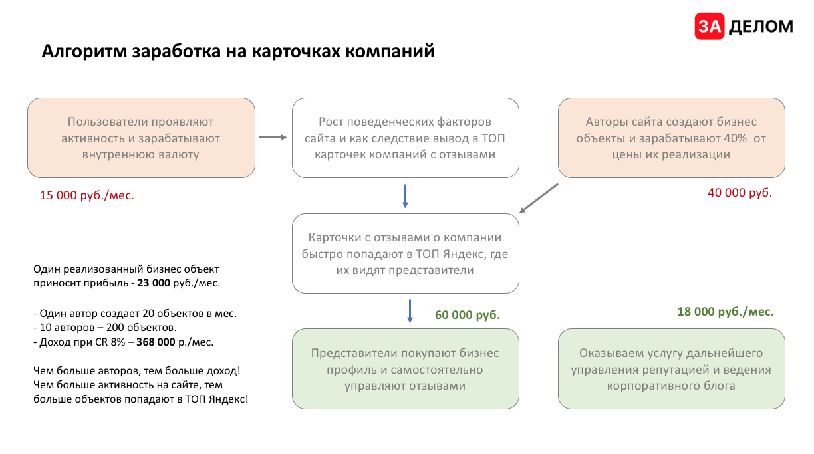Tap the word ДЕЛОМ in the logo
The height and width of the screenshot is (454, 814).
tap(761, 27)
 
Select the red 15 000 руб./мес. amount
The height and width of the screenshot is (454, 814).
tap(87, 195)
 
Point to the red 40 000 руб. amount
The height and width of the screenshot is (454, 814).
tap(740, 193)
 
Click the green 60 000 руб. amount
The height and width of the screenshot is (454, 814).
tap(468, 315)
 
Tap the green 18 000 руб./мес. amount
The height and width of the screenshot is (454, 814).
tap(726, 311)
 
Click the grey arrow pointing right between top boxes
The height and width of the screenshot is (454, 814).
tap(272, 138)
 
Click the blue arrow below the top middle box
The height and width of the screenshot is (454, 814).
tap(405, 195)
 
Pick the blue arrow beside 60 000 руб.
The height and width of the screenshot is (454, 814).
tap(410, 311)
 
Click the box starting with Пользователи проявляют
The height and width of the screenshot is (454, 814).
tap(141, 138)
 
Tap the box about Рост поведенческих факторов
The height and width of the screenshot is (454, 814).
tap(405, 138)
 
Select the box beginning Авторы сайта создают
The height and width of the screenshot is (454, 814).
tap(671, 138)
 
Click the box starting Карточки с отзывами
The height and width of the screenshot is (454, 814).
tap(405, 253)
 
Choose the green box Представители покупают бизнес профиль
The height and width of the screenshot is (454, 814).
tap(405, 369)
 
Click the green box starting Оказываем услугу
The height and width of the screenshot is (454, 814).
tap(671, 369)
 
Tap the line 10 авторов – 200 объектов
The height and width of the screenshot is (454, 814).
tap(105, 328)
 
